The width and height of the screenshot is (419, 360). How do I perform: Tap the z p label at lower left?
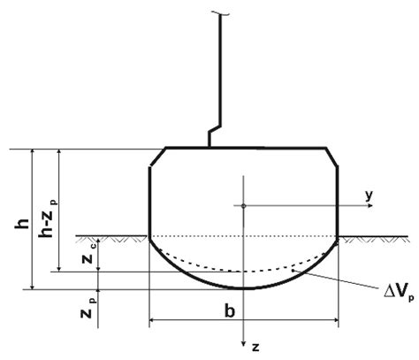click(85, 312)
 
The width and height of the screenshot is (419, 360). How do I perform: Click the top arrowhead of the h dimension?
click(33, 152)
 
